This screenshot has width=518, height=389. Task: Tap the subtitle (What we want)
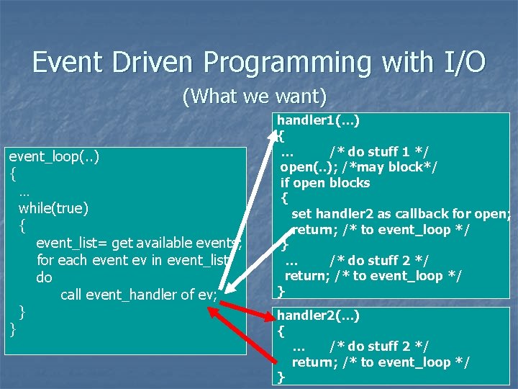click(255, 96)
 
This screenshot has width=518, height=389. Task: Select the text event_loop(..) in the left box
click(54, 156)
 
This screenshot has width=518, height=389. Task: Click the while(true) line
click(54, 208)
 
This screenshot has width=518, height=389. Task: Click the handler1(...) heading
click(319, 120)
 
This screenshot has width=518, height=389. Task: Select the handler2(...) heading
click(319, 315)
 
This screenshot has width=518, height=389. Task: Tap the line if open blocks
click(325, 183)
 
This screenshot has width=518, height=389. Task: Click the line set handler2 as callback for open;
click(400, 214)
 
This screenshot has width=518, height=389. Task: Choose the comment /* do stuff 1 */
click(379, 151)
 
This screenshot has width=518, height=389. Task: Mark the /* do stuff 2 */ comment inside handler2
click(379, 347)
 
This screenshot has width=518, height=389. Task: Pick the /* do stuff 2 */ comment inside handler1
click(379, 260)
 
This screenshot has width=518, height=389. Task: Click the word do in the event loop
click(44, 277)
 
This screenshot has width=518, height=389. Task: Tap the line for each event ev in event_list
click(132, 260)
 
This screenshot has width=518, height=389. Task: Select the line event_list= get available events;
click(138, 243)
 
